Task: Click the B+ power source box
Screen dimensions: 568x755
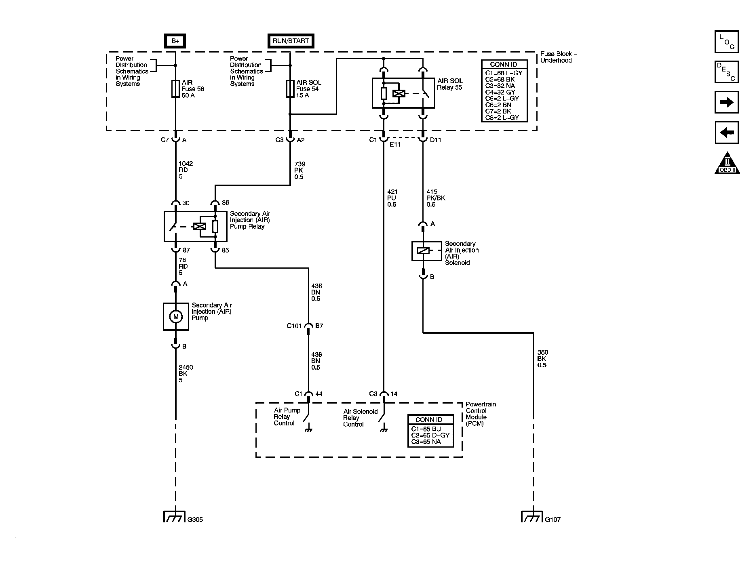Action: tap(175, 41)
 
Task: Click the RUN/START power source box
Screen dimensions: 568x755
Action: tap(291, 41)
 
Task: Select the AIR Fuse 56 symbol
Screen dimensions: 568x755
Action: tap(175, 88)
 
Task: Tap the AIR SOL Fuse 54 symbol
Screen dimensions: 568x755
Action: tap(290, 88)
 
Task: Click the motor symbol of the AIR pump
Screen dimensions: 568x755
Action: tap(176, 317)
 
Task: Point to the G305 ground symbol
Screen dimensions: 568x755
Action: tap(175, 517)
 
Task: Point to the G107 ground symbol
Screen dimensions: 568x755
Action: tap(533, 517)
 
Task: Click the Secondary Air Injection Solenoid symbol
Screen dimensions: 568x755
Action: tap(423, 250)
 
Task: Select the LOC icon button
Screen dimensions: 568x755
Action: tap(726, 42)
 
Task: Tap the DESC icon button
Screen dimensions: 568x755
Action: tap(726, 72)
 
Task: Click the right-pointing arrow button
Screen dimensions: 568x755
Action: tap(726, 102)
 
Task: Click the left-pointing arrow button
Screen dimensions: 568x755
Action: tap(726, 132)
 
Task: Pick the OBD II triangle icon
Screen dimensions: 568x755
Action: tap(727, 163)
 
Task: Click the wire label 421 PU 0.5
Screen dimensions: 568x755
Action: tap(392, 198)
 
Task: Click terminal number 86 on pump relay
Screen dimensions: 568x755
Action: tap(226, 203)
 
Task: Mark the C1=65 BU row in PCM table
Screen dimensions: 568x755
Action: tap(426, 429)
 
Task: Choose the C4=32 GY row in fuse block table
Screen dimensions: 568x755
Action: tap(500, 92)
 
